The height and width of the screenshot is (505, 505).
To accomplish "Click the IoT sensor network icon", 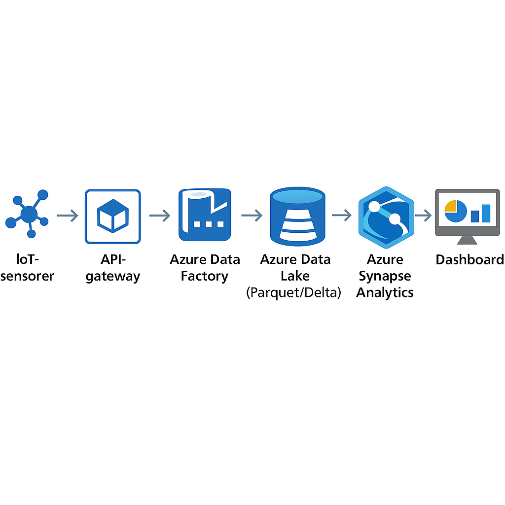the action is tap(29, 214).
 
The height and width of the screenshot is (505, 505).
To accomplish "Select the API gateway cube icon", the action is tap(113, 216).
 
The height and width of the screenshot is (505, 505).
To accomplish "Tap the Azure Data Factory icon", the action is tap(205, 215).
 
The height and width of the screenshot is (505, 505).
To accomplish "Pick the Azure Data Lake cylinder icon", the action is tap(297, 216).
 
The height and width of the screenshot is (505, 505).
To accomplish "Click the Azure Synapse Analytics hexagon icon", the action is tap(386, 217).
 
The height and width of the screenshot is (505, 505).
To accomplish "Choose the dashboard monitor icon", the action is tap(468, 217).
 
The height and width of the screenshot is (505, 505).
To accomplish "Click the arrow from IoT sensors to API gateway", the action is tap(68, 216).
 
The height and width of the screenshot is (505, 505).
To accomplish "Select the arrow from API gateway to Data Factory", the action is tap(160, 216).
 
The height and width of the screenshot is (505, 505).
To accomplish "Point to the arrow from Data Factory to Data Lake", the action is tap(252, 216).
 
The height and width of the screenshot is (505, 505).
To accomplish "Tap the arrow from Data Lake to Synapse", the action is tap(342, 215).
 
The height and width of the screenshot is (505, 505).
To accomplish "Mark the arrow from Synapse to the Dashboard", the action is tap(423, 216).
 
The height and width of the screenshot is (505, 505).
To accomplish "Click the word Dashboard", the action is tap(470, 259).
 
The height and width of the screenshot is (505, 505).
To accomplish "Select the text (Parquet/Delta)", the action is tap(294, 292).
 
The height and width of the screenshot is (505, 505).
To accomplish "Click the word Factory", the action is tap(205, 276).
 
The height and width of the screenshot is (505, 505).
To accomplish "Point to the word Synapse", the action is tap(385, 276).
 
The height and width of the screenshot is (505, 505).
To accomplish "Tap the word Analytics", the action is tap(385, 293).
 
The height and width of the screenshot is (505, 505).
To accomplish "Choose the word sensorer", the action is tap(27, 277).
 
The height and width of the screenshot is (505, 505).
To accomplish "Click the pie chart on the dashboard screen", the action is tap(455, 211).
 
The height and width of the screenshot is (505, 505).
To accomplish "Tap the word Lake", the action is tap(295, 276).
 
